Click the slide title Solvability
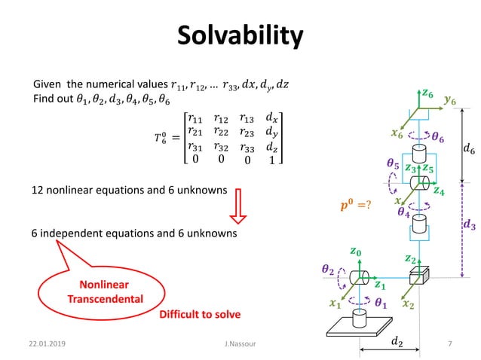point(240,35)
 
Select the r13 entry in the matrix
point(247,118)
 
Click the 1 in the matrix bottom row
point(272,160)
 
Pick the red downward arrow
point(238,205)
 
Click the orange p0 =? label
point(357,204)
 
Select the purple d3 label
point(467,224)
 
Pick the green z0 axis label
point(355,251)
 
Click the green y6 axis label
point(451,99)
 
